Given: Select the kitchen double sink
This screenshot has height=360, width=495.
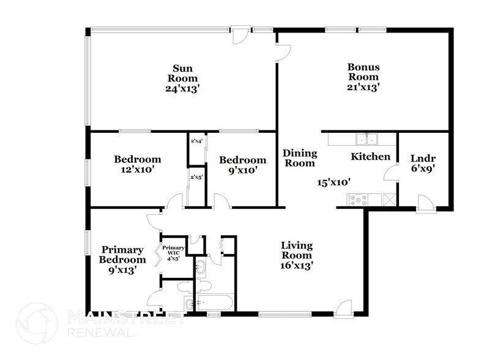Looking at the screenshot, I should point(368,138).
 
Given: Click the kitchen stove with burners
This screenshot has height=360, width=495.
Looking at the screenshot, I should point(357,199).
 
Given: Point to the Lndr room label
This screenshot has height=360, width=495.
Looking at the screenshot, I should point(423,157).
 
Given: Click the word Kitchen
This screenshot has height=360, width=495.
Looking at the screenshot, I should point(370,157).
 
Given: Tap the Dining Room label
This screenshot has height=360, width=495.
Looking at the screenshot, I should point(299,158).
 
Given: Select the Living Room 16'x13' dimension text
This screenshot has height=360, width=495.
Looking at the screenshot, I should point(297,265).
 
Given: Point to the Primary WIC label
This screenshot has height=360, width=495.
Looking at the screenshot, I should point(173,252).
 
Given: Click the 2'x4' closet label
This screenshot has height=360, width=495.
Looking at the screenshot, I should point(196,142).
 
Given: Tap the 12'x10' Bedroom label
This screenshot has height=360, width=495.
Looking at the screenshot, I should point(138,165).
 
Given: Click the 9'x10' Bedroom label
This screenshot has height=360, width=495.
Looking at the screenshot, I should point(243,165).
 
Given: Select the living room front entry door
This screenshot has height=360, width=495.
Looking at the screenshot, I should point(343,309).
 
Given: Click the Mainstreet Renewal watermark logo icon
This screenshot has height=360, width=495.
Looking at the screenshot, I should point(37,324).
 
